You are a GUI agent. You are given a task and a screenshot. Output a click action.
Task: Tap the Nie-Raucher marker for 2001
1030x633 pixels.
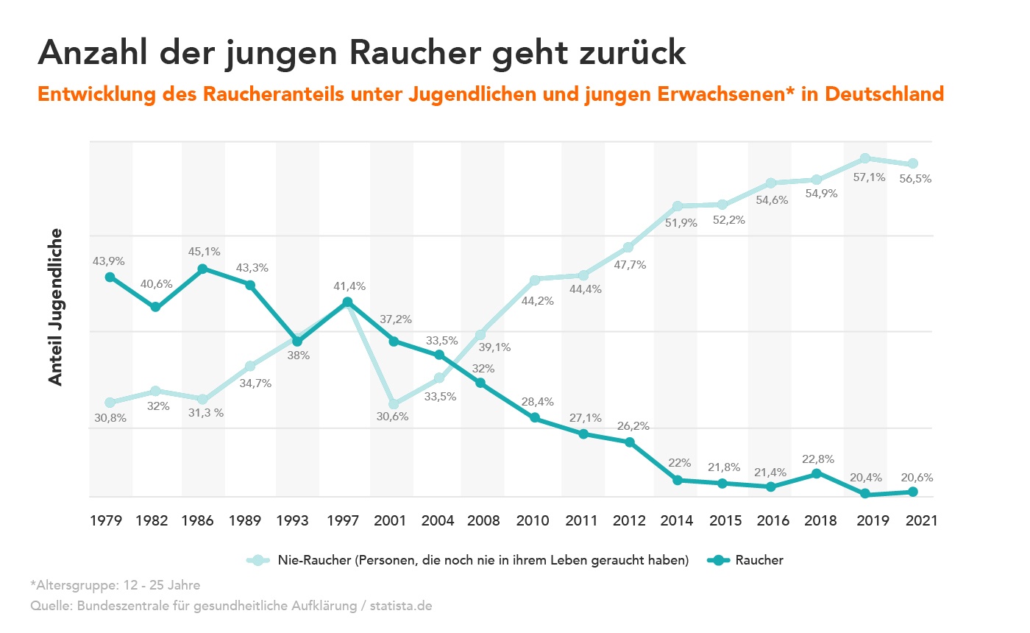tap(394, 404)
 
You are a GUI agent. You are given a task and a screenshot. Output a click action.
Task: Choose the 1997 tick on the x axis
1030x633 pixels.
tap(344, 520)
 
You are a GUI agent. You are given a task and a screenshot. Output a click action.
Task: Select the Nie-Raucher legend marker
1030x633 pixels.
tap(257, 560)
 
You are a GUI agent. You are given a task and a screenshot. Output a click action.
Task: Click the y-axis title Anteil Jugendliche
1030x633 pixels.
tap(56, 307)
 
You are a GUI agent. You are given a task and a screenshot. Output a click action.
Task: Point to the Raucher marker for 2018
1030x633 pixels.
tap(816, 473)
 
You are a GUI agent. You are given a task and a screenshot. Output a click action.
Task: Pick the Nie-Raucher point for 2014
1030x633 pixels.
tap(678, 205)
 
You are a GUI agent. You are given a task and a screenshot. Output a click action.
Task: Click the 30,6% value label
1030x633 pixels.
tap(393, 417)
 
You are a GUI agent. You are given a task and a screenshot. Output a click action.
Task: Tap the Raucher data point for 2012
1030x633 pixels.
tap(630, 442)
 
